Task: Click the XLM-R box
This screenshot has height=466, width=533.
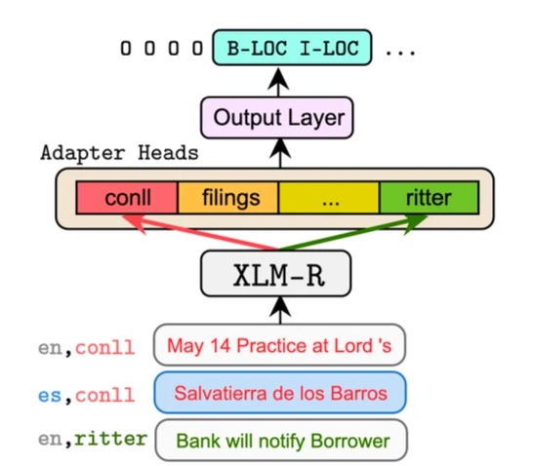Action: (280, 276)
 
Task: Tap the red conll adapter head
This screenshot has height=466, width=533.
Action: (126, 198)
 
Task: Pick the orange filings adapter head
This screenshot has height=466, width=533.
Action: (230, 198)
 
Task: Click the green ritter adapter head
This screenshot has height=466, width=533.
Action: (429, 198)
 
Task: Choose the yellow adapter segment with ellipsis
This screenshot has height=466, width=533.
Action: (329, 198)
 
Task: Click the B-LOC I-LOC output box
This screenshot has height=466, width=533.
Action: (293, 46)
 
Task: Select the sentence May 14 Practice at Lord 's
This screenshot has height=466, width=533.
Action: (279, 345)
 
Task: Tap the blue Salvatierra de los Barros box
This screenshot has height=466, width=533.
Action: (279, 393)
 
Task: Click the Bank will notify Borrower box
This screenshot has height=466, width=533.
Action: (279, 441)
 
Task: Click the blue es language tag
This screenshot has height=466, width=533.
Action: (50, 394)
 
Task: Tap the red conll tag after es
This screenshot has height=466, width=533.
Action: (103, 394)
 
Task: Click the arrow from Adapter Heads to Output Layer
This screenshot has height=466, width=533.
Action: (280, 152)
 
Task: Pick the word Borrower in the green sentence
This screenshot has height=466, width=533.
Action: (349, 441)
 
